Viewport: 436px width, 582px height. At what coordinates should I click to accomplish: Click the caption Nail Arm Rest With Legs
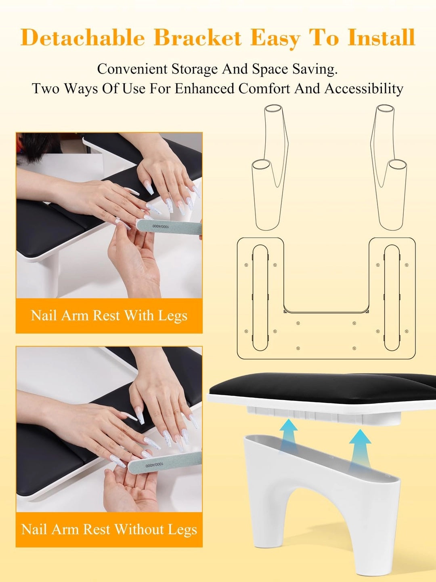click(109, 316)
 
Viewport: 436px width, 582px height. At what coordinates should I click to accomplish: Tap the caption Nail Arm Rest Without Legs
click(109, 529)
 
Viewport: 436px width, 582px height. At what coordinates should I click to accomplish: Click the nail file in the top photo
click(170, 227)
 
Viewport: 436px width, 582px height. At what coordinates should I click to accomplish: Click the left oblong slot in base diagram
click(260, 298)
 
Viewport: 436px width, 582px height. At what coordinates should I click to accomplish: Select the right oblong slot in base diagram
click(392, 298)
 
